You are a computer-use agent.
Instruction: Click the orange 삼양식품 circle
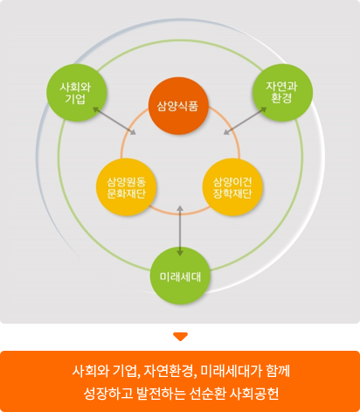[x=178, y=106]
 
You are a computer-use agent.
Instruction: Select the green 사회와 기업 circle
[x=77, y=93]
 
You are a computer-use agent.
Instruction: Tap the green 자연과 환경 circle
[x=282, y=93]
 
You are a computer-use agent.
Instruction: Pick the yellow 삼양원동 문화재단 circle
[x=126, y=187]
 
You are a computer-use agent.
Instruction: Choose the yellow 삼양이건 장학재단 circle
[x=232, y=187]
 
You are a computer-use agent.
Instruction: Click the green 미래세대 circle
[x=180, y=276]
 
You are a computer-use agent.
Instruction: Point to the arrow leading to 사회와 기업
[x=114, y=121]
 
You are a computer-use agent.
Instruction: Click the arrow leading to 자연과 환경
[x=245, y=121]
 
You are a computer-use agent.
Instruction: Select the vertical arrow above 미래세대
[x=180, y=231]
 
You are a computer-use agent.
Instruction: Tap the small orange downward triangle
[x=180, y=337]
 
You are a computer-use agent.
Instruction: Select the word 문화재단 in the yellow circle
[x=126, y=193]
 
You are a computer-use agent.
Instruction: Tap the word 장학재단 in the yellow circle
[x=232, y=193]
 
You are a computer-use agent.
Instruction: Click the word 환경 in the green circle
[x=281, y=98]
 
